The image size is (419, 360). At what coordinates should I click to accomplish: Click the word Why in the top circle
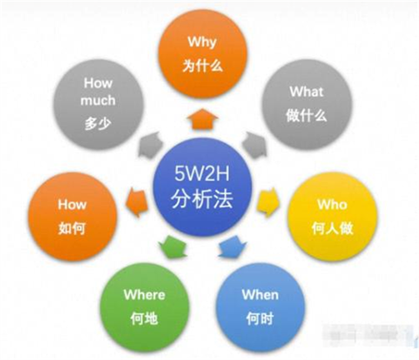(x=202, y=42)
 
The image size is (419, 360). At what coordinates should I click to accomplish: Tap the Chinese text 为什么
(x=202, y=66)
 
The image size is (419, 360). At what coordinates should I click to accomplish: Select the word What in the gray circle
(x=307, y=92)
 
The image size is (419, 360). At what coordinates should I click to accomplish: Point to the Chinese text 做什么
(x=307, y=115)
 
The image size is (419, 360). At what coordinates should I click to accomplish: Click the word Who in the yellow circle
(x=332, y=204)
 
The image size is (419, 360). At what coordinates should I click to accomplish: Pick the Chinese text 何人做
(x=332, y=228)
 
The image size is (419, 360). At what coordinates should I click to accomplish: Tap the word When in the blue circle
(x=260, y=294)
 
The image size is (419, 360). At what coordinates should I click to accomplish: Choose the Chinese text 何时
(x=260, y=318)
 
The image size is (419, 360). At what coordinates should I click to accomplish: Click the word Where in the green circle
(x=144, y=294)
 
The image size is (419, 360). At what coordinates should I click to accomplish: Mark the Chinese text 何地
(x=144, y=318)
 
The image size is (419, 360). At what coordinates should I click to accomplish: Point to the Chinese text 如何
(x=72, y=228)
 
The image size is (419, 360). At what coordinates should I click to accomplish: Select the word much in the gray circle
(x=97, y=100)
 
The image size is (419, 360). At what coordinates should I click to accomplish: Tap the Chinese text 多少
(x=97, y=123)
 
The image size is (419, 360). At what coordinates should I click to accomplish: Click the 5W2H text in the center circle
(x=202, y=173)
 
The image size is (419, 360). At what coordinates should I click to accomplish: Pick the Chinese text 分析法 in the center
(x=202, y=199)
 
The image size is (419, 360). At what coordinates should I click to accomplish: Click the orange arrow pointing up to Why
(x=202, y=119)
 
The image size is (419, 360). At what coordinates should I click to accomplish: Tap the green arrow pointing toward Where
(x=172, y=247)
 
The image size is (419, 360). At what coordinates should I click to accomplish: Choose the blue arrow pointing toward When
(x=232, y=247)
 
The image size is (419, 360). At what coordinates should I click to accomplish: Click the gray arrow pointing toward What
(x=254, y=145)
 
